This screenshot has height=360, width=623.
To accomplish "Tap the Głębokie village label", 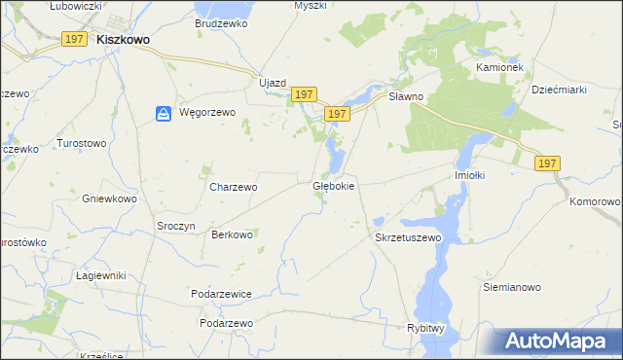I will point(333,185).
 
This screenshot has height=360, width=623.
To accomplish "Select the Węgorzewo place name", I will point(208,113).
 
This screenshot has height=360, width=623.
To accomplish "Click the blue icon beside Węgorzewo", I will point(164,114).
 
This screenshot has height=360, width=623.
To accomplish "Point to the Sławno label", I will point(406,96).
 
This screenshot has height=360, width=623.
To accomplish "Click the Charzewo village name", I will point(234,187).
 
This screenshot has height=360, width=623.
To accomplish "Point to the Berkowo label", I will point(233,234).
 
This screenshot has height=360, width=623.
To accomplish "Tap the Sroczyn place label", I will point(176,225).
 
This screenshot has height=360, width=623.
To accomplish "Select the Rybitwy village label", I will point(425,329).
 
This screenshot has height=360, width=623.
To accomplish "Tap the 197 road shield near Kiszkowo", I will point(75,38).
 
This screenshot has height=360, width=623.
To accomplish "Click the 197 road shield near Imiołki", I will point(546,163).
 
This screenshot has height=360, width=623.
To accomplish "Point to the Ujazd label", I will point(273,83).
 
